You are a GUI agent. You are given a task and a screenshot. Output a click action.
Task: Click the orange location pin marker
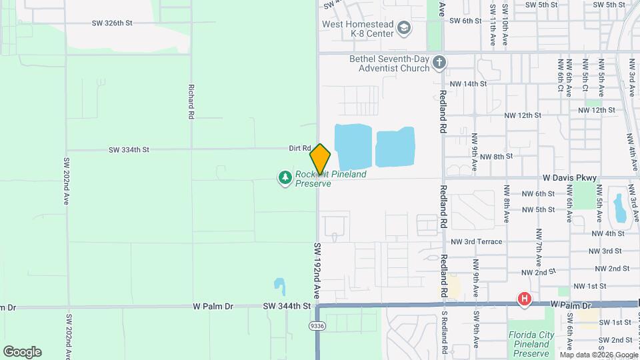coord(320,159)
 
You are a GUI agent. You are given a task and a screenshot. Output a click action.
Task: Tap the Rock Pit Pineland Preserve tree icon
coord(285,177)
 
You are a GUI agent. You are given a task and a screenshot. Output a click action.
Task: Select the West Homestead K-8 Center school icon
coord(403,28)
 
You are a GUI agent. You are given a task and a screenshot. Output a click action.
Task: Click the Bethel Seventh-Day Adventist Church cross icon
coord(439,63)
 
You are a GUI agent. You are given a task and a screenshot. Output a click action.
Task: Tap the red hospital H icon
coord(525,299)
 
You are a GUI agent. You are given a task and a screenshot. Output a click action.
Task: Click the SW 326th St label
coord(113,23)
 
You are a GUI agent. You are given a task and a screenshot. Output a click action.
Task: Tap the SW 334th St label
coord(129,150)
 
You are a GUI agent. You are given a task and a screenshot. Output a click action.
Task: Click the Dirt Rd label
coord(300,148)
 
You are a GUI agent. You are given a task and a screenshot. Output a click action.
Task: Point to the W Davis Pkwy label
coord(569,178)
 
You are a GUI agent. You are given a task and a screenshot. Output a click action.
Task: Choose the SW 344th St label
coord(287,306)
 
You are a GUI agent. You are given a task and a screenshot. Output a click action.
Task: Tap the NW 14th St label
coord(469,84)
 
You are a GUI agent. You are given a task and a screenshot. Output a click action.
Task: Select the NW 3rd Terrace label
coord(477,241)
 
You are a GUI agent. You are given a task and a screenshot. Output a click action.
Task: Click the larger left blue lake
coord(353,146)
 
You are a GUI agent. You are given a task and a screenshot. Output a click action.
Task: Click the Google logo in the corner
coord(22,352)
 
